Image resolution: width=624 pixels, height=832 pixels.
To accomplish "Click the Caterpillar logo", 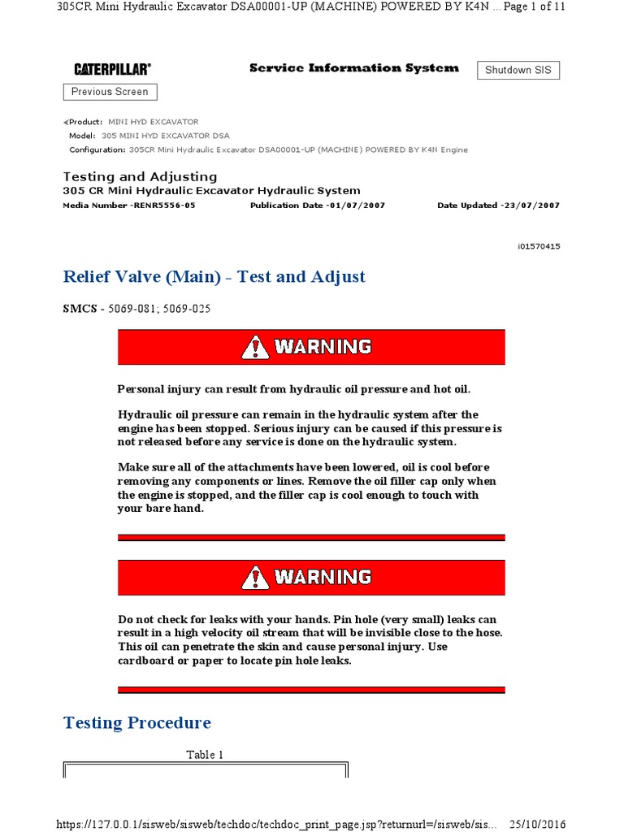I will click(112, 70).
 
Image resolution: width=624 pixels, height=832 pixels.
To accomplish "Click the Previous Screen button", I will click(110, 92).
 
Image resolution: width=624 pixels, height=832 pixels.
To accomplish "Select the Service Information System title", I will click(353, 68).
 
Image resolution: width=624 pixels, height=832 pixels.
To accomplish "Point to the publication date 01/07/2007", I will click(357, 206).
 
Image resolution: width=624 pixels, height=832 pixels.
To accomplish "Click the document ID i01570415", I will click(538, 246).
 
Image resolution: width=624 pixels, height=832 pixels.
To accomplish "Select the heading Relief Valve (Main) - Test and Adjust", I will click(214, 277).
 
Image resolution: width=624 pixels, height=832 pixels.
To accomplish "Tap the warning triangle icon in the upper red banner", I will click(255, 348).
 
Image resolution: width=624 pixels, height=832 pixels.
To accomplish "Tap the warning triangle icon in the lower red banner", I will click(255, 578).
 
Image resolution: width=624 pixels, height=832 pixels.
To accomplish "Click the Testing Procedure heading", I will click(137, 723).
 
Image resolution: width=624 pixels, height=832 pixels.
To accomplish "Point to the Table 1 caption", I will click(206, 755).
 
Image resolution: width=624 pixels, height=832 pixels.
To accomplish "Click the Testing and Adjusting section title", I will click(141, 176).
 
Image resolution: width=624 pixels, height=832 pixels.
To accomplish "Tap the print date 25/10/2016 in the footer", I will click(536, 823).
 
